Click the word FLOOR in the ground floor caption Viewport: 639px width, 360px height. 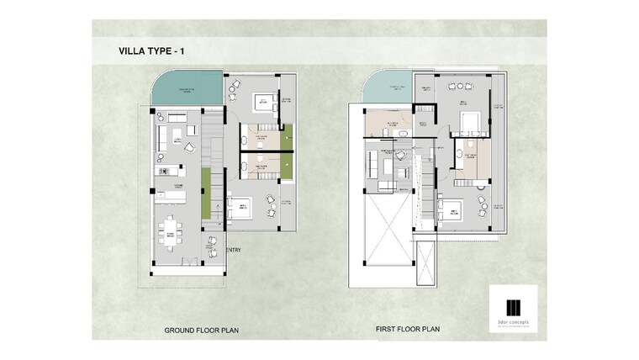[x=211, y=331]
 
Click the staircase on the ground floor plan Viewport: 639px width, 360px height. [x=217, y=168]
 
